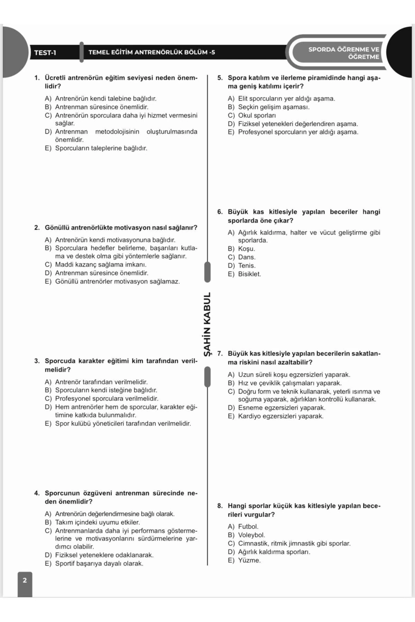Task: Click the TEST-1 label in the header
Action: (45, 53)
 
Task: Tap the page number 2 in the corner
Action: (25, 580)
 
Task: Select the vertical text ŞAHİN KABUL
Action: (207, 324)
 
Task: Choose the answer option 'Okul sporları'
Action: (257, 115)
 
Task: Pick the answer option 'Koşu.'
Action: (246, 249)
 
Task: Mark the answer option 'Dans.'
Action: (247, 257)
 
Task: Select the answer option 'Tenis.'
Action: (247, 266)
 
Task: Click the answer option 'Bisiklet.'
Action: (249, 274)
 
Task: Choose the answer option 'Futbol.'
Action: (248, 527)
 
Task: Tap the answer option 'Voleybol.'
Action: (251, 535)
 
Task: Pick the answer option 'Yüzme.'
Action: (249, 560)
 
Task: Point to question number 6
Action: (220, 212)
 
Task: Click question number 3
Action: (37, 361)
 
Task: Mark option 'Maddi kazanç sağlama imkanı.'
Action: (101, 265)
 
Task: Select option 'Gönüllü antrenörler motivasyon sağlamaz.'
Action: (117, 282)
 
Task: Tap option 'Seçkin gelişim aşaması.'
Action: (274, 107)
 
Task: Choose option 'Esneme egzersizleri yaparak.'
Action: (282, 408)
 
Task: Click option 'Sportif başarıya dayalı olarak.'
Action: (99, 564)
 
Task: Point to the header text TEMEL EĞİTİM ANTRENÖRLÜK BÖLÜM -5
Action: (151, 53)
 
